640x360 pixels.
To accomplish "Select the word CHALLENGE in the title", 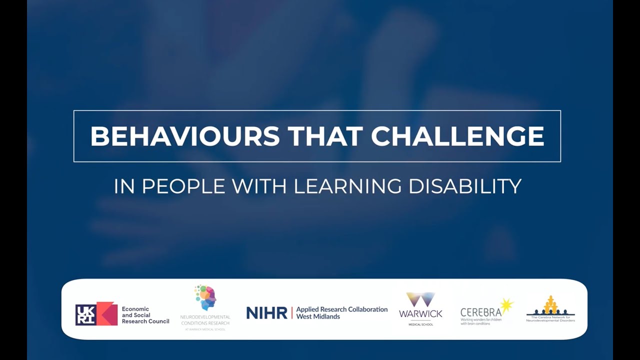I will pos(457,136).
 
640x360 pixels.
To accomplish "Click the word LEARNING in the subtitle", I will pos(347,186).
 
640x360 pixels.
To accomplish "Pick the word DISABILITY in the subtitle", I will pos(465,186).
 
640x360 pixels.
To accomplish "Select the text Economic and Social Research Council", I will pos(145,315).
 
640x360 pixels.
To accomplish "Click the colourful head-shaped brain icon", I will pos(205,298).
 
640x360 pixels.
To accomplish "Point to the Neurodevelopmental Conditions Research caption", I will pos(205,320).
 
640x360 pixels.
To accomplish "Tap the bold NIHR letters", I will pos(266,313).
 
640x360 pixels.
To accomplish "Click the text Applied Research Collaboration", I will pos(341,309).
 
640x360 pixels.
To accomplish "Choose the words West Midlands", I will pos(318,316).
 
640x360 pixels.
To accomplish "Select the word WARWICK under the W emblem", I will pos(420,313).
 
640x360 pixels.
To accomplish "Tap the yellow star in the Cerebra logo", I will pos(506,304).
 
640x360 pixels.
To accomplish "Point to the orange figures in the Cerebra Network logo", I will pos(550,304).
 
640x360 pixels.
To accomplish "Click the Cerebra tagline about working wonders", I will pos(481,321).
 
